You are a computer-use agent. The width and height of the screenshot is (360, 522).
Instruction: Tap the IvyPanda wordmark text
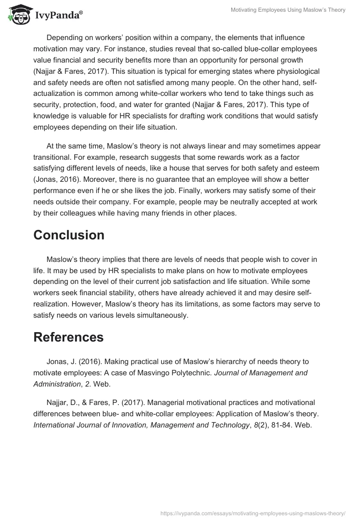coord(58,16)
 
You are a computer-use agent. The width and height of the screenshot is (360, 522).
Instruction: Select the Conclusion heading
coord(69,235)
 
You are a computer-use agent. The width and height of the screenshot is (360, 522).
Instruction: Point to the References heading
coord(68,337)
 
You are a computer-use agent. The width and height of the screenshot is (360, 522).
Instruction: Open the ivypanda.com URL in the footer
coord(253,513)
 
